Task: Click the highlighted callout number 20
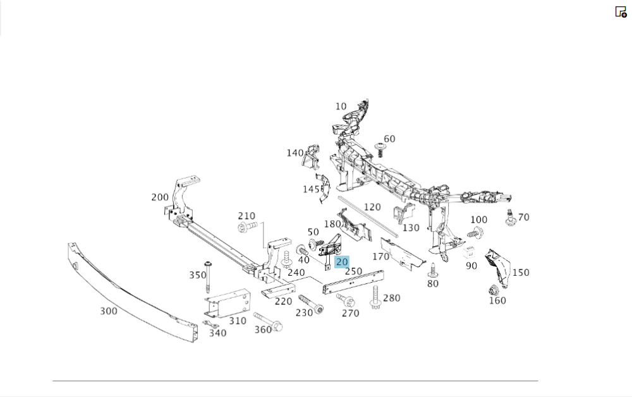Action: coord(342,261)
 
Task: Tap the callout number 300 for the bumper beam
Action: coord(109,311)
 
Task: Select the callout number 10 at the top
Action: coord(341,106)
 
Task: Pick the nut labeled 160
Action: coord(494,292)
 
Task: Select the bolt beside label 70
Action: coord(509,217)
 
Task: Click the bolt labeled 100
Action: coord(475,234)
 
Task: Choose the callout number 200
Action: coord(160,197)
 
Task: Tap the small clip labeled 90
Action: coord(469,252)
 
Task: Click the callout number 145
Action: coord(310,189)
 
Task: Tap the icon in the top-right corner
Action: coord(621,11)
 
